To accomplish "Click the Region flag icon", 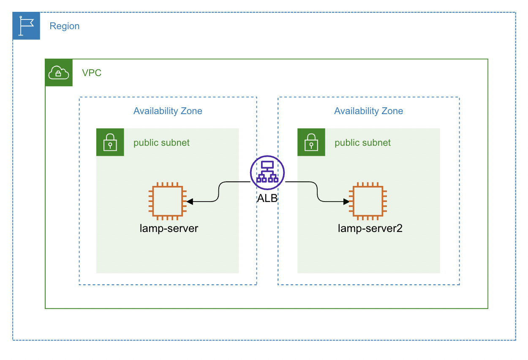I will pos(26,26).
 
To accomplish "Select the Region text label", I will pos(64,26).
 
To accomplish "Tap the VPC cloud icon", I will pos(59,73).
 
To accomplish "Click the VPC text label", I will pos(92,73).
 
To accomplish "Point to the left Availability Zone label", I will pos(168,111).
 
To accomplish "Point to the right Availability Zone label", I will pos(368,111).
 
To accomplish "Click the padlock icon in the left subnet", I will pos(110,142).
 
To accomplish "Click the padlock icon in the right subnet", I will pos(311,142).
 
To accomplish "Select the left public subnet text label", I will pos(161,143).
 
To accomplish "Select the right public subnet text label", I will pos(362,143).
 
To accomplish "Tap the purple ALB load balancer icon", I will pos(267,172).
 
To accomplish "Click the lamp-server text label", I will pos(169,229).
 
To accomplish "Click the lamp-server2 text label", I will pos(370,229).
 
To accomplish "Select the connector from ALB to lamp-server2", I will pos(317,191).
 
